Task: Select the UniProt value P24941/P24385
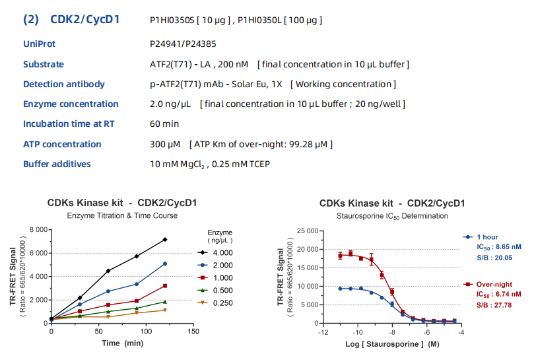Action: tap(183, 44)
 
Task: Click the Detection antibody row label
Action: tap(63, 84)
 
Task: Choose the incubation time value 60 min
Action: tap(164, 124)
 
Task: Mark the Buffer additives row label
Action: tap(57, 164)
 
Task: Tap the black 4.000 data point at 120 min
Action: tap(165, 239)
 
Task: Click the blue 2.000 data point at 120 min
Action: tap(165, 264)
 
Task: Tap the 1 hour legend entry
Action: tap(487, 236)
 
